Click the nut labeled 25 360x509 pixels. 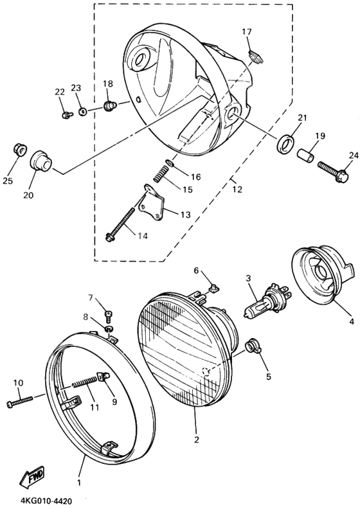(x=20, y=150)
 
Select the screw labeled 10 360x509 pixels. (x=19, y=402)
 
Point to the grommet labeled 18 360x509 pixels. (x=109, y=103)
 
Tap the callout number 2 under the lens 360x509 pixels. (x=196, y=440)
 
